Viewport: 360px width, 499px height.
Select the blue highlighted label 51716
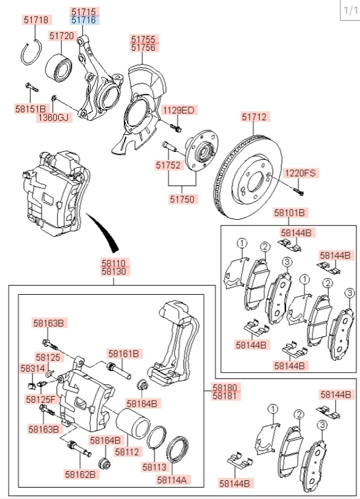click(x=84, y=20)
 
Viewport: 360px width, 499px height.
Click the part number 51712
click(x=254, y=117)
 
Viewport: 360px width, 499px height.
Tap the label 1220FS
click(x=300, y=172)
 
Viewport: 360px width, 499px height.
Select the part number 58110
click(x=116, y=263)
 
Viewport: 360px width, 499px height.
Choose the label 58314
click(x=32, y=369)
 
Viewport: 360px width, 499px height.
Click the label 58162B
click(x=80, y=473)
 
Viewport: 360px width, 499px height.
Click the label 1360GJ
click(x=52, y=118)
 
